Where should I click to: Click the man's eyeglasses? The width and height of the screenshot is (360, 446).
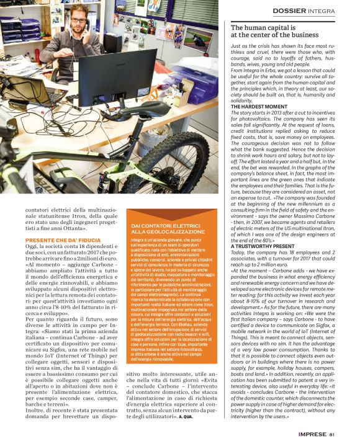coord(79,20)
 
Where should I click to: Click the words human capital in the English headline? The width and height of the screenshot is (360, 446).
coord(265,27)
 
